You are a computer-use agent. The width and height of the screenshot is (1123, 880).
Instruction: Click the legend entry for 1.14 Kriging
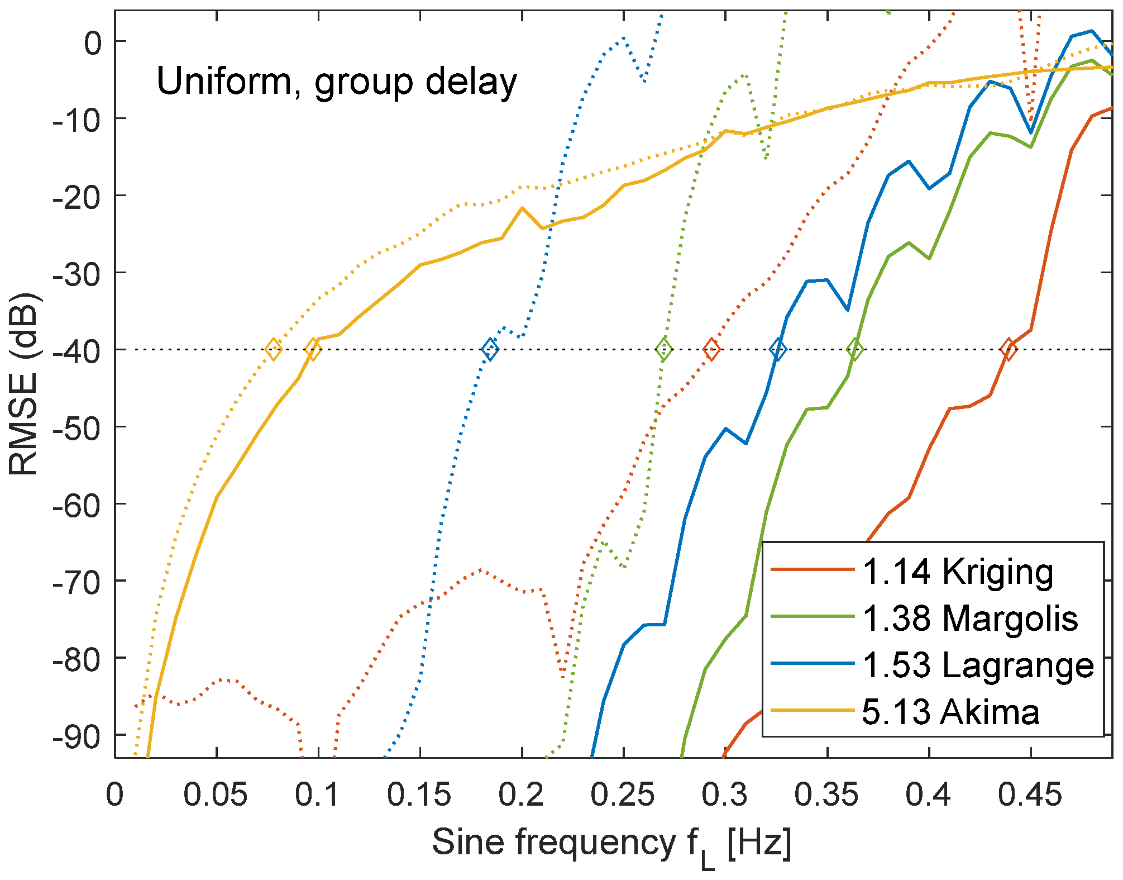point(957,572)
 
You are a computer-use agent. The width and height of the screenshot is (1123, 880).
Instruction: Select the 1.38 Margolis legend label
point(969,619)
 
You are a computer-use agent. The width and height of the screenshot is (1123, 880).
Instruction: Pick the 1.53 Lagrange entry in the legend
point(977,665)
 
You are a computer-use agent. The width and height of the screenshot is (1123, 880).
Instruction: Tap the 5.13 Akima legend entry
point(950,712)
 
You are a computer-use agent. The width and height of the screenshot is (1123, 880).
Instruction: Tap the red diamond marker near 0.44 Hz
point(1008,350)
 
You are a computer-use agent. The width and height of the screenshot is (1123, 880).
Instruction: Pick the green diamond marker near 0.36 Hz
point(854,350)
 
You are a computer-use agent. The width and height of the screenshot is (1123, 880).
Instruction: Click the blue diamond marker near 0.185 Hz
point(490,350)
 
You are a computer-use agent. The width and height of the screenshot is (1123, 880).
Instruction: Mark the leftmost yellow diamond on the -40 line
point(273,350)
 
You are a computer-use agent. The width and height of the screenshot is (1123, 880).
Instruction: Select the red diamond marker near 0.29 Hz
point(711,350)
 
